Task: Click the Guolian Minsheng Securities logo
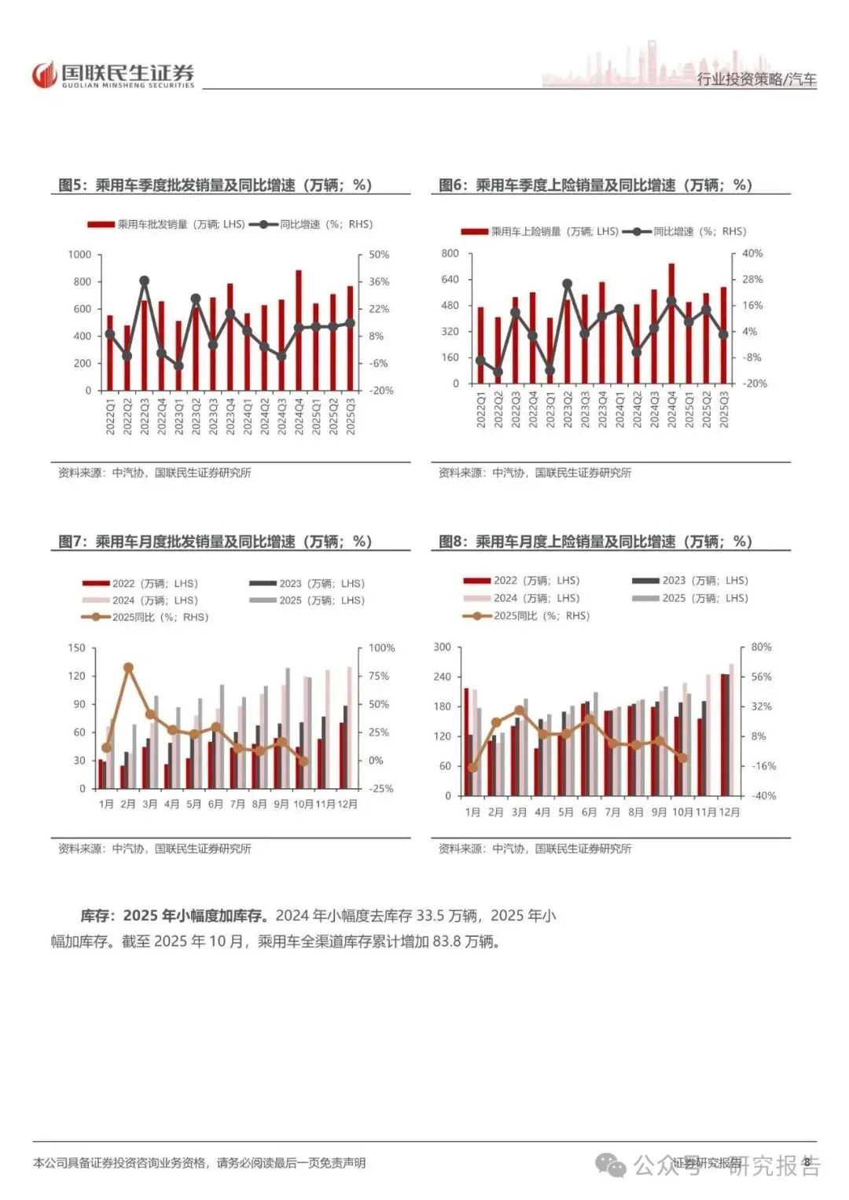(x=112, y=75)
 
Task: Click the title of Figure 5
(x=215, y=185)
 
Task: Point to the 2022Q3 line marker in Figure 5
(x=145, y=281)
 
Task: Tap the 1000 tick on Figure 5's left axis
(x=79, y=255)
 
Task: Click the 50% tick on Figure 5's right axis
(x=379, y=255)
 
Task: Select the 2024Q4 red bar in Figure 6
(x=671, y=323)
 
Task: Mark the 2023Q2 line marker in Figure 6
(x=568, y=284)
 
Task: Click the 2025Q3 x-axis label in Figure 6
(x=724, y=410)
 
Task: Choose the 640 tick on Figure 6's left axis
(x=450, y=279)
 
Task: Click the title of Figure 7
(x=215, y=542)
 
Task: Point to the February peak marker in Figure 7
(x=129, y=668)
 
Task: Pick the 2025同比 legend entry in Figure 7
(x=146, y=618)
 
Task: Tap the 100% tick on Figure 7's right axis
(x=382, y=648)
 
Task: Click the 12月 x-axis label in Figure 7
(x=347, y=804)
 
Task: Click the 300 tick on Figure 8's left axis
(x=443, y=647)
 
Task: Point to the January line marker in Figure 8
(x=472, y=768)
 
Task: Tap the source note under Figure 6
(x=535, y=473)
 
